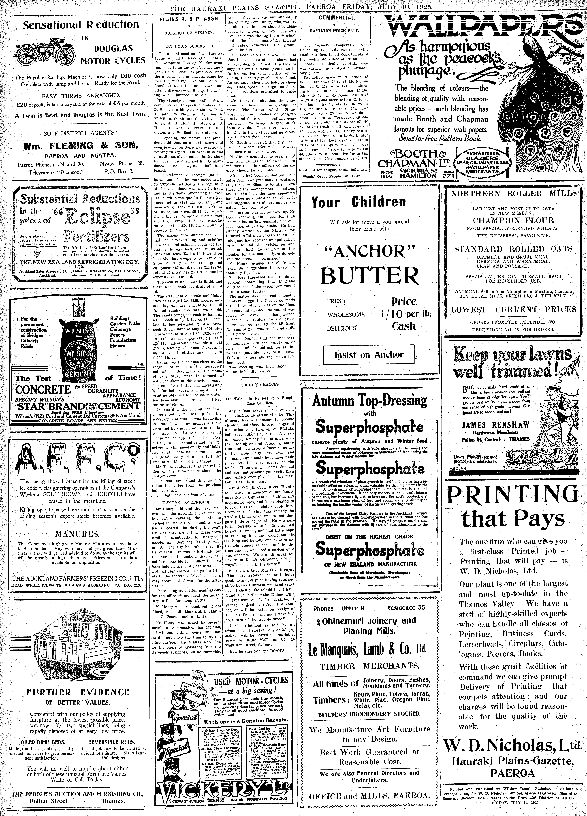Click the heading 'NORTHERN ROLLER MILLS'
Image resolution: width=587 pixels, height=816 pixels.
coord(514,193)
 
